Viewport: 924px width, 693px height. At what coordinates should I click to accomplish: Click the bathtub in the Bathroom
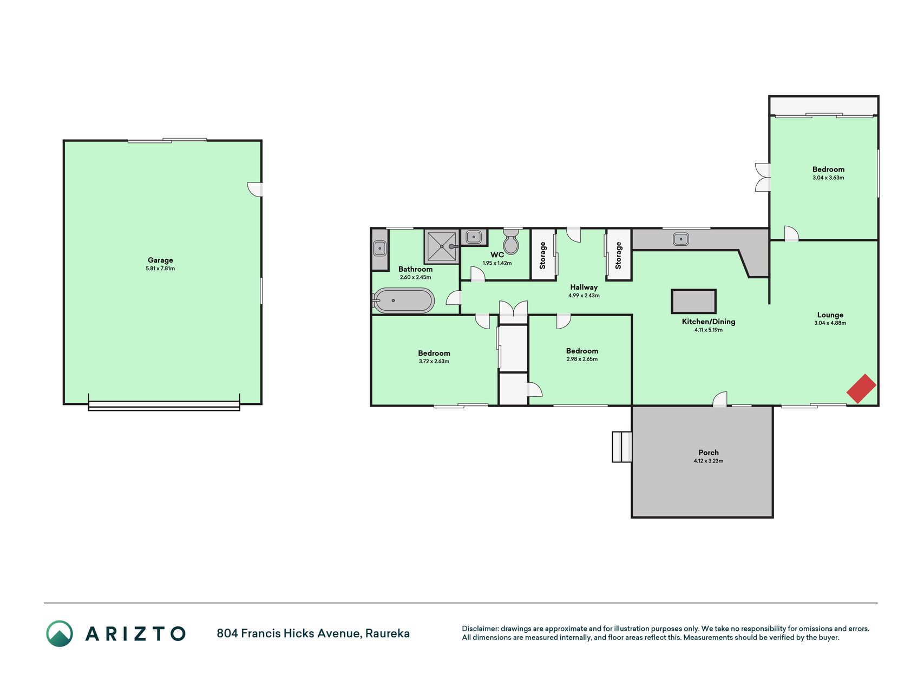coord(404,300)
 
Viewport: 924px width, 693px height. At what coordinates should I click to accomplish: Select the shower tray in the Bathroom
coord(442,246)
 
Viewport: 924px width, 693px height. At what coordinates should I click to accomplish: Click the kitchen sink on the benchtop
coord(681,239)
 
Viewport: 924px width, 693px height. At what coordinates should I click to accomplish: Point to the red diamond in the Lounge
coord(861,389)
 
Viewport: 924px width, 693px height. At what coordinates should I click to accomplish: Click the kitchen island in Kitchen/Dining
coord(694,301)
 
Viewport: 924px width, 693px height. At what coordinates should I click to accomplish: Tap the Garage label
coord(160,260)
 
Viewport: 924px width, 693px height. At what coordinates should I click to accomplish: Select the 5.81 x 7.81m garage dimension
coord(160,269)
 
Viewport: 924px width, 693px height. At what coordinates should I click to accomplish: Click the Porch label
coord(709,453)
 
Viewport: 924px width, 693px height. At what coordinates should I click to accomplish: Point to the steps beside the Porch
coord(622,447)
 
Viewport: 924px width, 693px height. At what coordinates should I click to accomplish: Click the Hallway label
coord(584,287)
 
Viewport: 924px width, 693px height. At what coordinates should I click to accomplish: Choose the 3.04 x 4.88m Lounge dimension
coord(830,323)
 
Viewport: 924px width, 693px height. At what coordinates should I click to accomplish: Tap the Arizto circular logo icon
coord(60,633)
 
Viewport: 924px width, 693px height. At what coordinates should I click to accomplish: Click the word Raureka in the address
coord(388,633)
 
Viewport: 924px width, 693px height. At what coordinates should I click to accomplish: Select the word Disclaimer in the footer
coord(480,629)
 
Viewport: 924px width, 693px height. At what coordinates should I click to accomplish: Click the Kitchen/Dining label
coord(709,322)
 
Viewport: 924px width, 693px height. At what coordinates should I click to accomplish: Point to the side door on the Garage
coord(255,189)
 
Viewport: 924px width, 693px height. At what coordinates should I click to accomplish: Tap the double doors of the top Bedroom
coord(763,178)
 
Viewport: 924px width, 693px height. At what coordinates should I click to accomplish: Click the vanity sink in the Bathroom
coord(380,249)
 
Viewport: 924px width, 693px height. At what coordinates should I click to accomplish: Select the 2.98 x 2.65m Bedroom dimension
coord(582,359)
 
